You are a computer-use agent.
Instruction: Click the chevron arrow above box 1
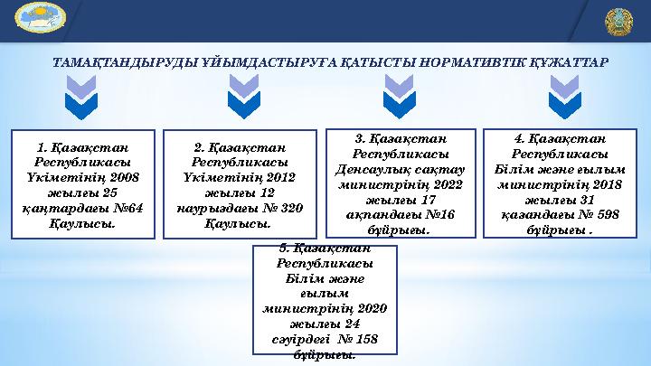coord(82,97)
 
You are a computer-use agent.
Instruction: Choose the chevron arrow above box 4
coord(560,97)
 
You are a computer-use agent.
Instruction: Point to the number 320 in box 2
coord(290,207)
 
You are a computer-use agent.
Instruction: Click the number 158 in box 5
coord(365,339)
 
